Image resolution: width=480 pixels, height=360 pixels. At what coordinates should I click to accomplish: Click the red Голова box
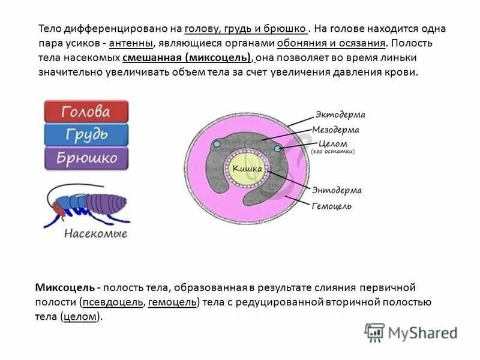tap(86, 112)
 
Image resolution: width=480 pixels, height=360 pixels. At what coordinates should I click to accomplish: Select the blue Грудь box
tap(86, 135)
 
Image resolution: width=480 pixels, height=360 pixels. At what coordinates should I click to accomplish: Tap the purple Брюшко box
tap(86, 158)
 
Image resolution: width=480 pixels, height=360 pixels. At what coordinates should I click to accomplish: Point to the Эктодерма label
tap(340, 115)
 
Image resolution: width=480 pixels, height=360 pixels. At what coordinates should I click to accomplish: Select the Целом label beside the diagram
tap(334, 143)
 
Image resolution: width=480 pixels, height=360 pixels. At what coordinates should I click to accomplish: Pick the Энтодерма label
tap(337, 191)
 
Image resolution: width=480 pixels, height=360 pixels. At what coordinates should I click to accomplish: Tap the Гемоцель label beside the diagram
tap(332, 206)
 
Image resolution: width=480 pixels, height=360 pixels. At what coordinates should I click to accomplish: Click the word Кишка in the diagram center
tap(247, 170)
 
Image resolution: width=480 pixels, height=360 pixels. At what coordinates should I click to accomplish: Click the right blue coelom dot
tap(277, 148)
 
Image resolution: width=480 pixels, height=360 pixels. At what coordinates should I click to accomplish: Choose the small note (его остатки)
tap(333, 152)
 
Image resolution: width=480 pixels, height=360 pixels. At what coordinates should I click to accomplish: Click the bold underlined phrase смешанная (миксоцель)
tap(187, 58)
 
